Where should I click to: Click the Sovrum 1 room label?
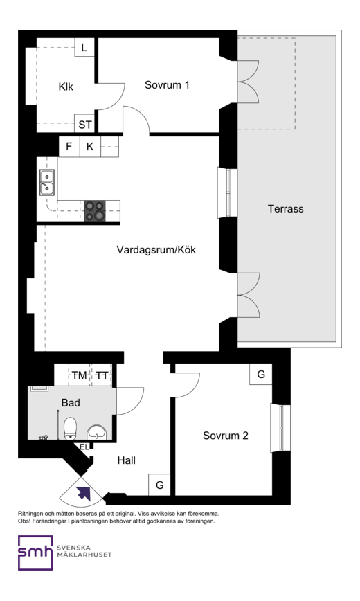tap(167, 84)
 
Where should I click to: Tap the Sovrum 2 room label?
tap(226, 436)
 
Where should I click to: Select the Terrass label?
tap(286, 209)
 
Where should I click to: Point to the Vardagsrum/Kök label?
tap(156, 250)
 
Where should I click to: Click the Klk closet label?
tap(66, 87)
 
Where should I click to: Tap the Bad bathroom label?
tap(71, 402)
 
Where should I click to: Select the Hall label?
tap(127, 460)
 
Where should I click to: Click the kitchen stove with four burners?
tap(95, 210)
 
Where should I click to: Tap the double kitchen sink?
tap(47, 183)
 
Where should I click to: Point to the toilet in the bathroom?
tap(70, 428)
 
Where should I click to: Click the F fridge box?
tap(69, 146)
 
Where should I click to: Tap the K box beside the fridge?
tap(90, 146)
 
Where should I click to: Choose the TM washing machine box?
tap(80, 375)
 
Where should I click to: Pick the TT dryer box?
tap(102, 375)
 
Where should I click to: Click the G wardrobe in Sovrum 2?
tap(261, 374)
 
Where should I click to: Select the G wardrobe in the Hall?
tap(159, 485)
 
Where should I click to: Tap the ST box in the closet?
tap(84, 124)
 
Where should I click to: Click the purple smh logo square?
tap(35, 553)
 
